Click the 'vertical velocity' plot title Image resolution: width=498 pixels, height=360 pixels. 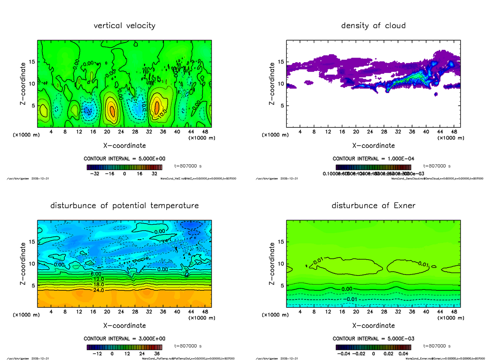point(124,26)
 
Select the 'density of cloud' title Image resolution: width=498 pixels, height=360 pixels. point(373,26)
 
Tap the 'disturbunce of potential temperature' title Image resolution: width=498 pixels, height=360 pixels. point(124,206)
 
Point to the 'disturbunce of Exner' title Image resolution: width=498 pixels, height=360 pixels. point(373,206)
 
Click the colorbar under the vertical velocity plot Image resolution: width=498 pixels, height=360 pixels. point(124,167)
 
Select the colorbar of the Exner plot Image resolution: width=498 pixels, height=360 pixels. point(373,347)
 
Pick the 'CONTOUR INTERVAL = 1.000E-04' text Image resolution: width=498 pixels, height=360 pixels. point(373,159)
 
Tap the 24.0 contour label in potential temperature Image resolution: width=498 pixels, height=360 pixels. point(96,290)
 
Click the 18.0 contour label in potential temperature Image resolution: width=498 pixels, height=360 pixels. point(96,285)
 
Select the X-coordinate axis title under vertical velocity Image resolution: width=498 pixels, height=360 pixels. point(124,146)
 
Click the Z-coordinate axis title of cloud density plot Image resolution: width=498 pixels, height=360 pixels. point(272,83)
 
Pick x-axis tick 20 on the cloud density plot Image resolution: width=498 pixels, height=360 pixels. point(356,132)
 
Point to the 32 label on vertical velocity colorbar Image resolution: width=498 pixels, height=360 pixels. point(154,174)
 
